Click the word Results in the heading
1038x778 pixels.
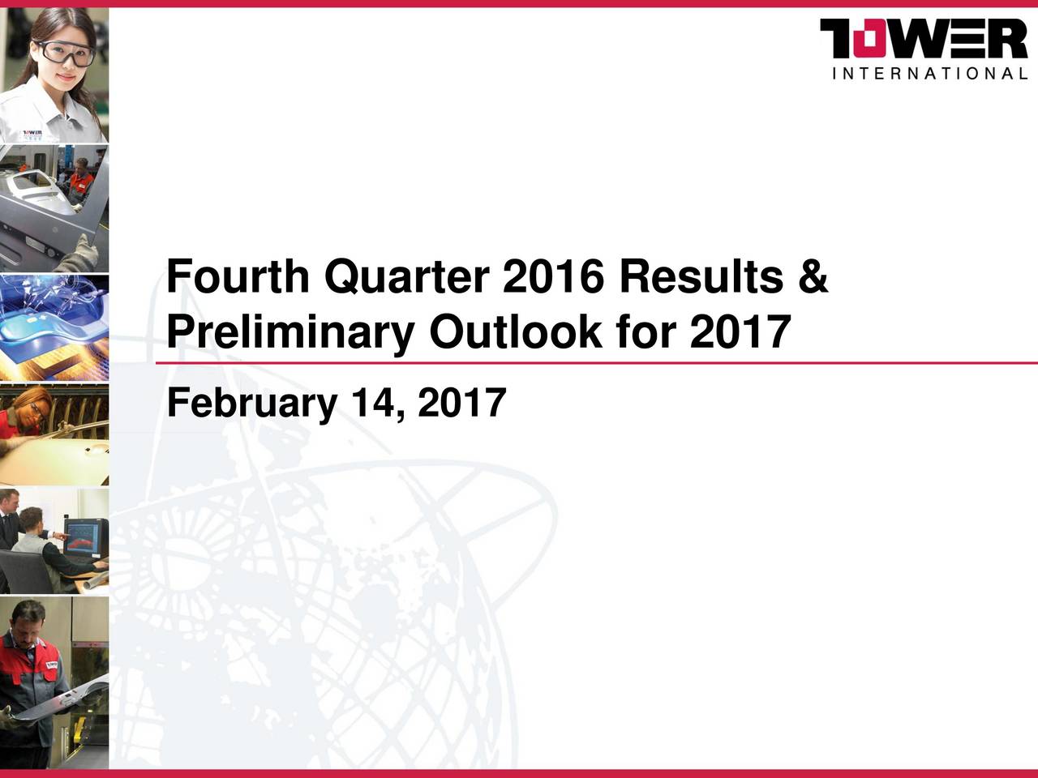pos(699,278)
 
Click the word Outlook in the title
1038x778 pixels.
pos(516,331)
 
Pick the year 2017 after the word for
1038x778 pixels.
pos(740,331)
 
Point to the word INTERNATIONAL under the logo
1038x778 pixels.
pos(930,74)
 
